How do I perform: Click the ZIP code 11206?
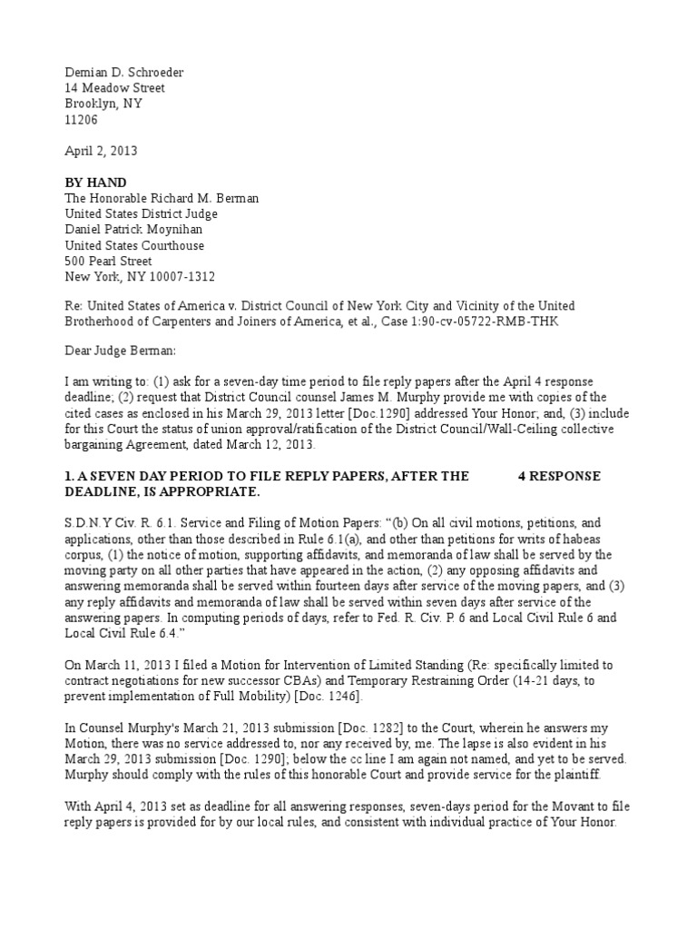click(81, 120)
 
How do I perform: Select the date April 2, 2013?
click(101, 151)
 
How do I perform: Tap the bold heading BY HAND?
click(95, 183)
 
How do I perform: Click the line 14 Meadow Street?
click(114, 88)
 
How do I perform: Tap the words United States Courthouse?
click(134, 245)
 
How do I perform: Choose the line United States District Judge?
click(141, 214)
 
